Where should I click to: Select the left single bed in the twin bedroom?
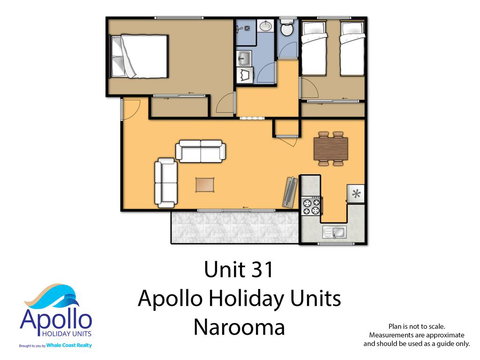(315, 51)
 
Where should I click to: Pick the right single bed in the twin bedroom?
(350, 51)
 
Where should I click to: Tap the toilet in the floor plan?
(287, 31)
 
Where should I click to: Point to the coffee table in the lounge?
(205, 184)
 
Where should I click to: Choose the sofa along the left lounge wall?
(165, 181)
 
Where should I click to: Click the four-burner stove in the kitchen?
(310, 207)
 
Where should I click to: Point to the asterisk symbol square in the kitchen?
(354, 192)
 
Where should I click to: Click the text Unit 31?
(239, 270)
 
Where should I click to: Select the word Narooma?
(239, 326)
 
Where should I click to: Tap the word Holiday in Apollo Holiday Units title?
(240, 298)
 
